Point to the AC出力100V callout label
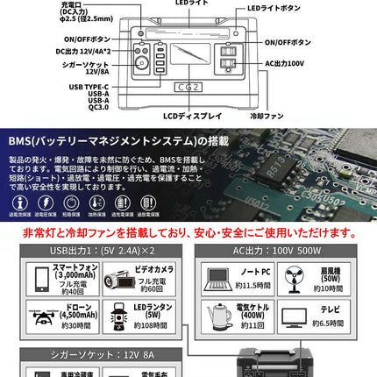(x=286, y=63)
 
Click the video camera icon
(x=116, y=278)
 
